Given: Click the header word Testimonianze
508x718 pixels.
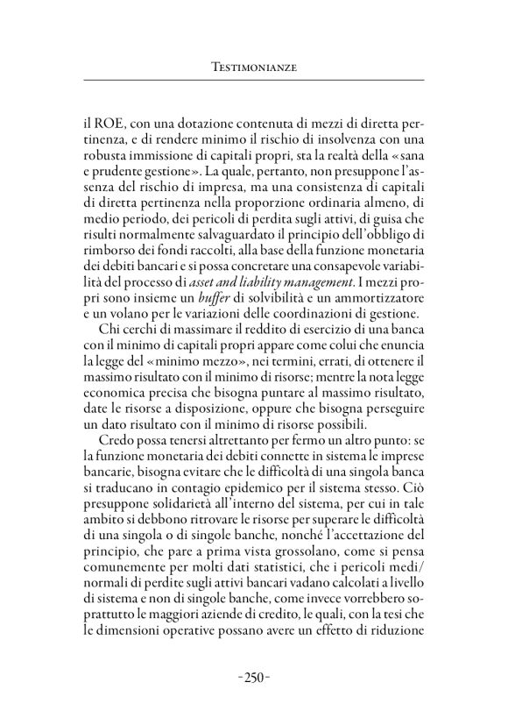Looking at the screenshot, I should pos(254,65).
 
